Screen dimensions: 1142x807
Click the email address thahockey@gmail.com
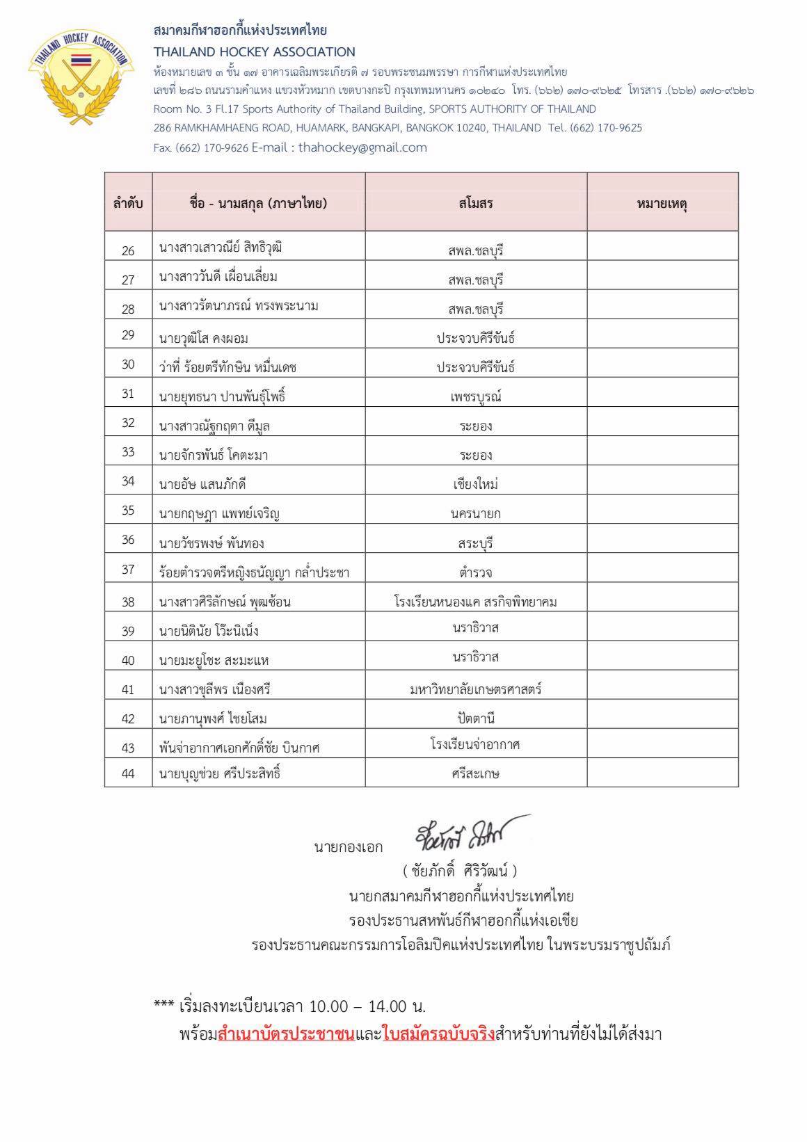tap(362, 147)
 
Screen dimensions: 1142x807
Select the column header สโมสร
tap(476, 203)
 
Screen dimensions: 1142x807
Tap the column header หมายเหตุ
tap(662, 203)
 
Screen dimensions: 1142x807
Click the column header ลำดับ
tap(128, 203)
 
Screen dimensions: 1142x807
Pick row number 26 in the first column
tap(128, 250)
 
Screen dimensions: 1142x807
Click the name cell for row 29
tap(204, 339)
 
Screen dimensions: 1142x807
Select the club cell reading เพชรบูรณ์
tap(476, 397)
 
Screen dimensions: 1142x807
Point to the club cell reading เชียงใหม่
tap(476, 484)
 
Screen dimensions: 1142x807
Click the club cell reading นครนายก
tap(476, 514)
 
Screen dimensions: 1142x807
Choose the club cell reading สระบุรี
tap(476, 543)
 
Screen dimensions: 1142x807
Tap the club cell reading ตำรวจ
tap(476, 572)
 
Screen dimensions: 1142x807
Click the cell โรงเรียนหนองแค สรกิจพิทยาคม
tap(476, 602)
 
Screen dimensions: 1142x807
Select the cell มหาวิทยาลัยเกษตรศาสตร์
tap(476, 689)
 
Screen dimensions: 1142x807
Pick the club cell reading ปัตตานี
tap(476, 718)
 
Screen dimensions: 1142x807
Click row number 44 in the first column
tap(128, 773)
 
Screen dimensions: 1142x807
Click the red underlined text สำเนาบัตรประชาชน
tap(286, 1034)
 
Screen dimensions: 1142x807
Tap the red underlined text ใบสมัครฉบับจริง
tap(439, 1034)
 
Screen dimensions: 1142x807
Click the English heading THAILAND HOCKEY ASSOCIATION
tap(255, 52)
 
